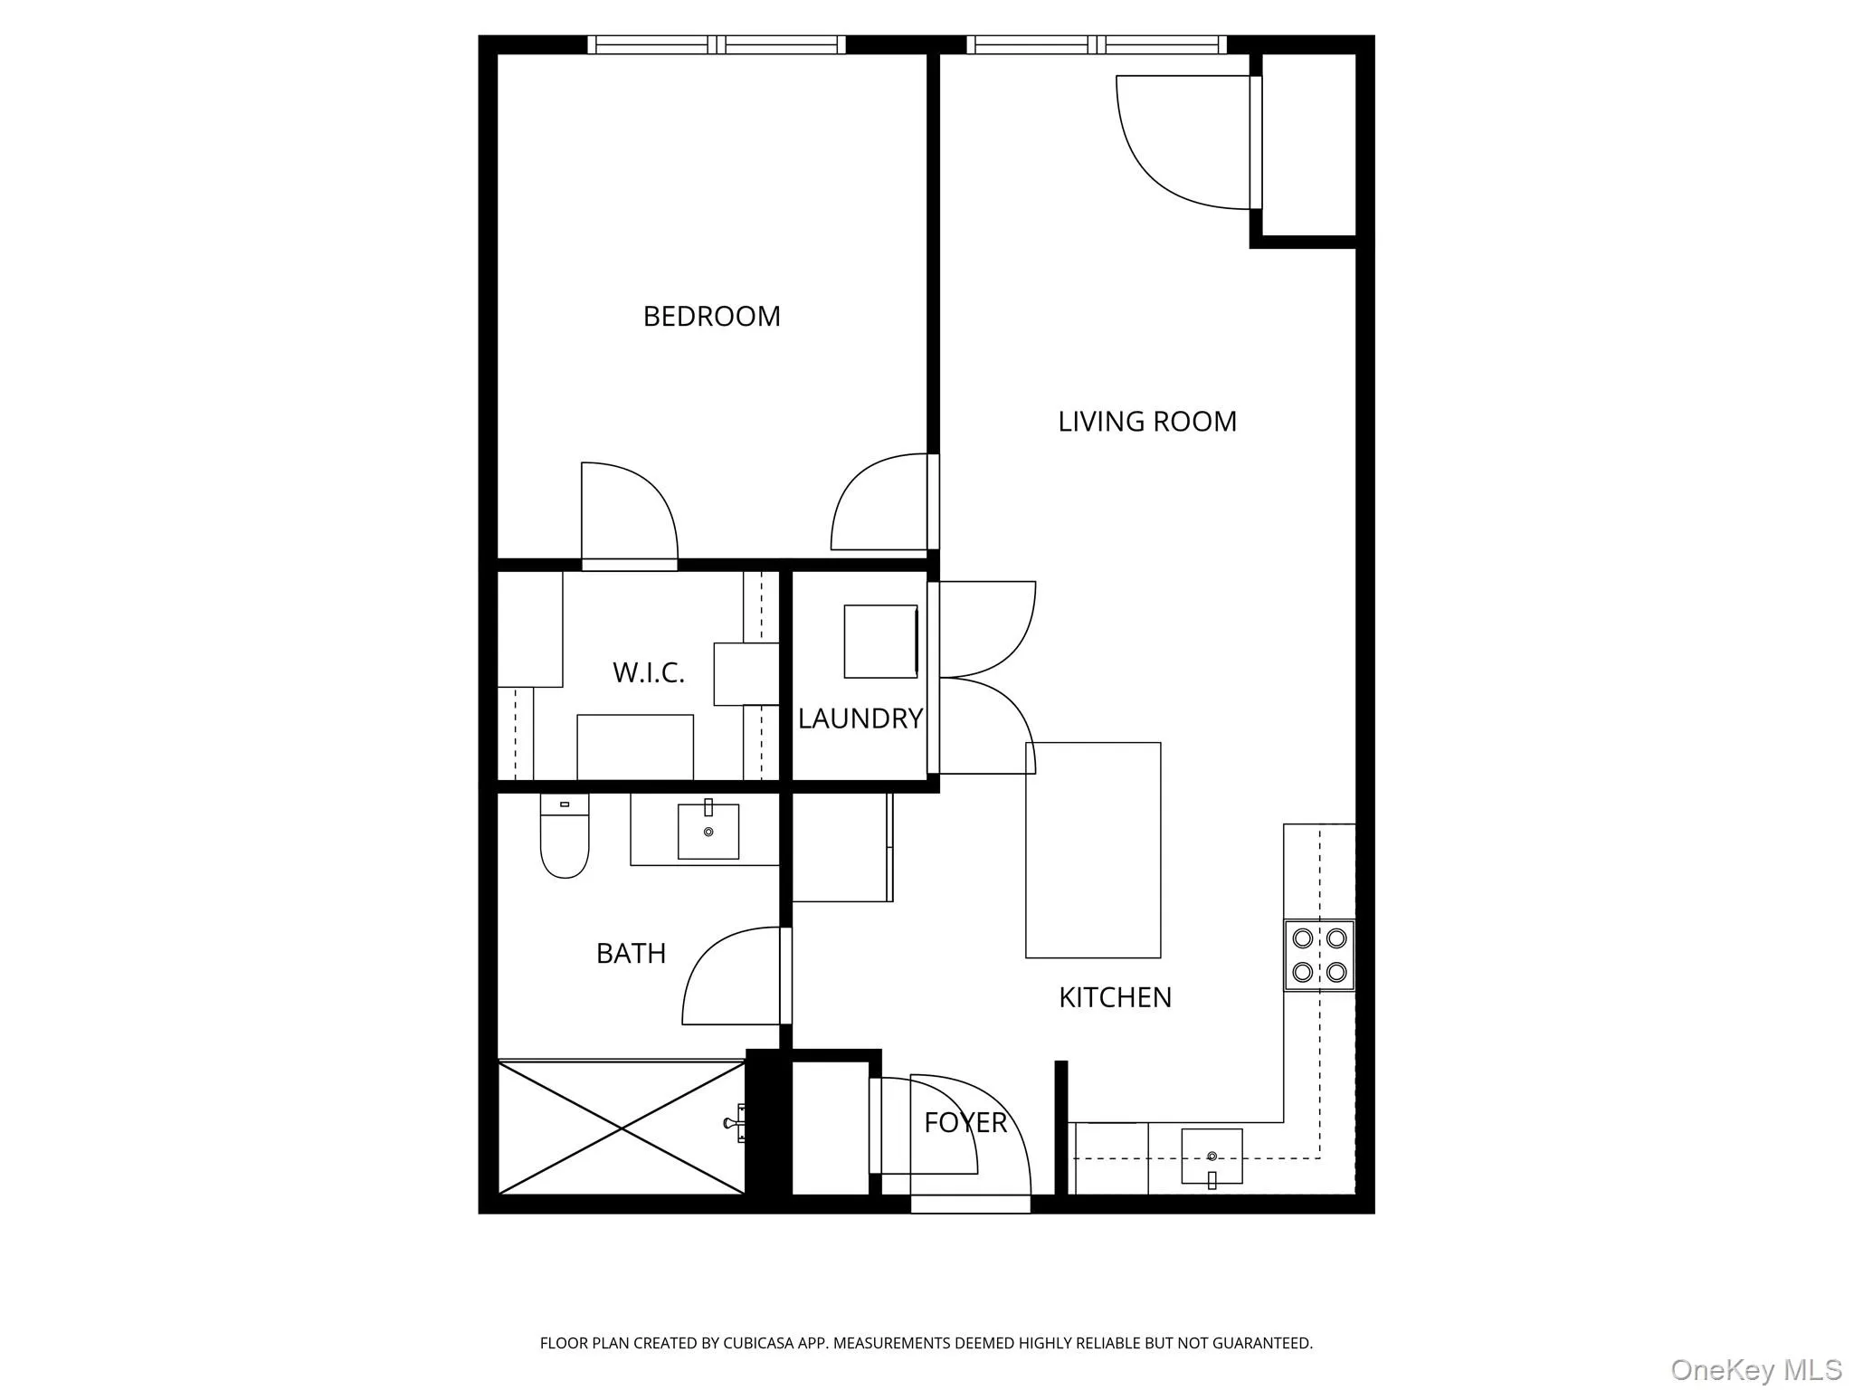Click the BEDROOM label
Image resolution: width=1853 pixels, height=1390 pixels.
coord(711,316)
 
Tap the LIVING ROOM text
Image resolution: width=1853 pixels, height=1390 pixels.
coord(1146,421)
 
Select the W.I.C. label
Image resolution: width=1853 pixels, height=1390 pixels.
coord(648,672)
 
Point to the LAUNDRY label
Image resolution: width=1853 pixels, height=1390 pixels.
coord(860,719)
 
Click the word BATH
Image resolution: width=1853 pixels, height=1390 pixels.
coord(631,953)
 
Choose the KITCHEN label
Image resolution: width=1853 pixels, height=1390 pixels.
coord(1115,997)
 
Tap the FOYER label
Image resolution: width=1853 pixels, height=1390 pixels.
coord(965,1122)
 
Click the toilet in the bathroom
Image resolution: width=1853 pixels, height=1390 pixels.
coord(565,837)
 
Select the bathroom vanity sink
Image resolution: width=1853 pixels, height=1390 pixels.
coord(708,831)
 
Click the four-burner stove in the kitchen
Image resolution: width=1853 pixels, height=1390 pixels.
coord(1319,955)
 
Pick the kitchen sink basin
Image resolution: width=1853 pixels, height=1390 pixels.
coord(1212,1156)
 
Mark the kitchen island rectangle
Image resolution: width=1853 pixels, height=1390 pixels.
coord(1093,850)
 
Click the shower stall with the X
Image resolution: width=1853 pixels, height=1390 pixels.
coord(622,1128)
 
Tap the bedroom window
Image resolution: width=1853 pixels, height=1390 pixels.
coord(717,44)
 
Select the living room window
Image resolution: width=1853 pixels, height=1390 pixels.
coord(1097,44)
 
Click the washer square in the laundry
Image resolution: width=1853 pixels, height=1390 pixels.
coord(880,642)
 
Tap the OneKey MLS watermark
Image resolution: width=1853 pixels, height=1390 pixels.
coord(1755,1370)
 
